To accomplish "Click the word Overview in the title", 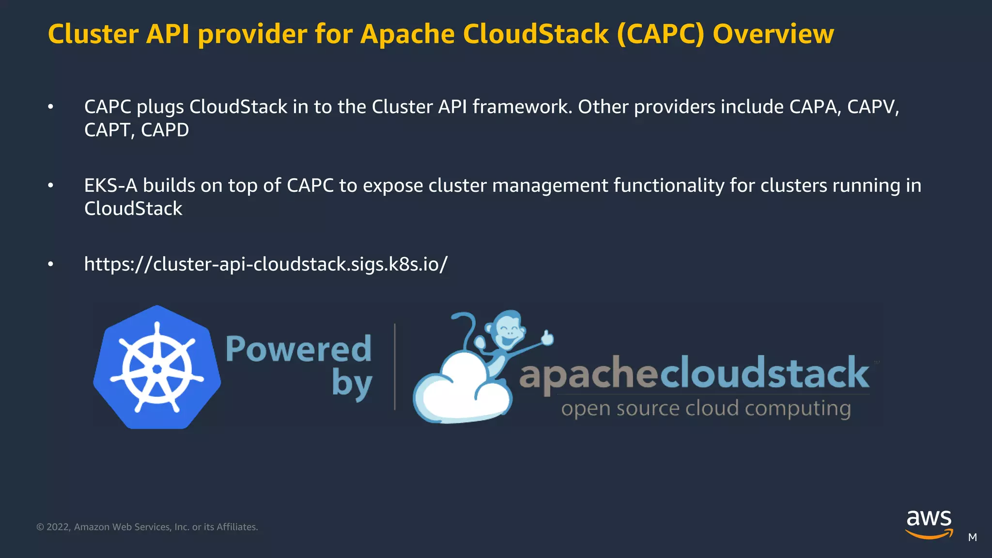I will [773, 34].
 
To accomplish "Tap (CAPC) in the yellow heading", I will [660, 34].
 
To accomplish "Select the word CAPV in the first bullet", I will [872, 107].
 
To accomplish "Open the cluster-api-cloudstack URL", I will [265, 264].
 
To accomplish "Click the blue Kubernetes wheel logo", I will [157, 368].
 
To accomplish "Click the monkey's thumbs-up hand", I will [547, 338].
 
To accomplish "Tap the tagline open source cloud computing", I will [706, 408].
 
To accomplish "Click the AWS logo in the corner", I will [929, 523].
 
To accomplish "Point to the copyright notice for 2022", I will [147, 527].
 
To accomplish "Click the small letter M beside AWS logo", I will [972, 537].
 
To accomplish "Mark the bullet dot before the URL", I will [50, 264].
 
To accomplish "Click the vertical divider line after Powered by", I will [395, 367].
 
